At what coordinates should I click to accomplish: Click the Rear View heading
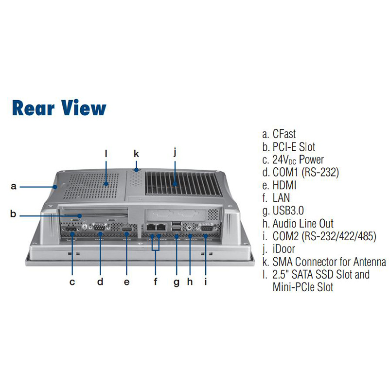(59, 108)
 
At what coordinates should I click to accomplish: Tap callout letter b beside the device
(14, 213)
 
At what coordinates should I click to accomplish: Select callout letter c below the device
(72, 282)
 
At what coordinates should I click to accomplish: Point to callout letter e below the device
(127, 282)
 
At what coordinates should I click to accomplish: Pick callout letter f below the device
(156, 282)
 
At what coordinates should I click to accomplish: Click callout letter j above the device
(175, 152)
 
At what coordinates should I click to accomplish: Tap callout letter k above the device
(137, 154)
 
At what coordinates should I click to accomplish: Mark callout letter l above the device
(106, 154)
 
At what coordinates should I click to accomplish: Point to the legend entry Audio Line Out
(298, 224)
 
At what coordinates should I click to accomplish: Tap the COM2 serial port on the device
(205, 228)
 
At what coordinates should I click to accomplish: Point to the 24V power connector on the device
(71, 229)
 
